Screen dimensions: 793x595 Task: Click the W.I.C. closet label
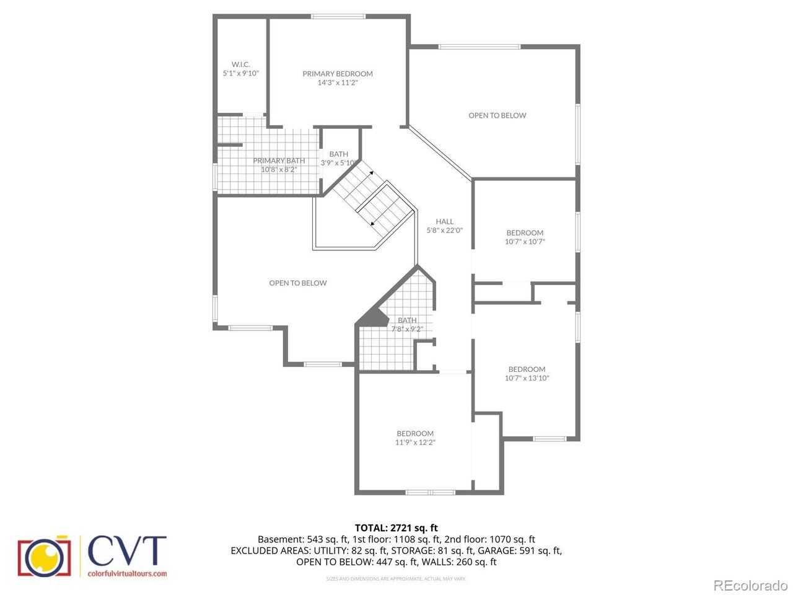[240, 64]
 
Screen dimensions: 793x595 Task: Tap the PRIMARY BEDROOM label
[338, 74]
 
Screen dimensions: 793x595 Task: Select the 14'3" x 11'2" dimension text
[338, 82]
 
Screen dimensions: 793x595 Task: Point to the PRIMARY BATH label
[279, 161]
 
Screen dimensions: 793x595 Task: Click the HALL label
[444, 221]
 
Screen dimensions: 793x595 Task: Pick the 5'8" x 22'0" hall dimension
[444, 231]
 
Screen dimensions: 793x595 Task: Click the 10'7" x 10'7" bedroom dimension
[525, 242]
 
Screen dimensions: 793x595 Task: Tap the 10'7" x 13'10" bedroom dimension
[527, 378]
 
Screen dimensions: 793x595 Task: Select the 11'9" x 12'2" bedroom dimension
[415, 443]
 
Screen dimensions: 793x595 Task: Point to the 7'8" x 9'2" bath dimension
[407, 329]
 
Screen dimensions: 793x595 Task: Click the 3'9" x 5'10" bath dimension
[338, 163]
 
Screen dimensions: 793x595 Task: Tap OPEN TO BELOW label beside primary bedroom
[497, 116]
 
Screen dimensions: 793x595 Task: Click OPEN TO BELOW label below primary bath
[298, 283]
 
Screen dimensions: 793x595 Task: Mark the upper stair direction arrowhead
[371, 173]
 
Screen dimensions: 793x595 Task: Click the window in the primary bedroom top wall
[338, 16]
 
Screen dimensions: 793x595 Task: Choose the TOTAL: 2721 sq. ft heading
[396, 528]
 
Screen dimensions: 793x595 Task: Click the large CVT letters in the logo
[127, 550]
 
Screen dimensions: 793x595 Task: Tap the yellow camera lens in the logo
[45, 557]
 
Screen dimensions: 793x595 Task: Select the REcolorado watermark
[750, 585]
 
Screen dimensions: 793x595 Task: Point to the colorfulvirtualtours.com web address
[127, 573]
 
